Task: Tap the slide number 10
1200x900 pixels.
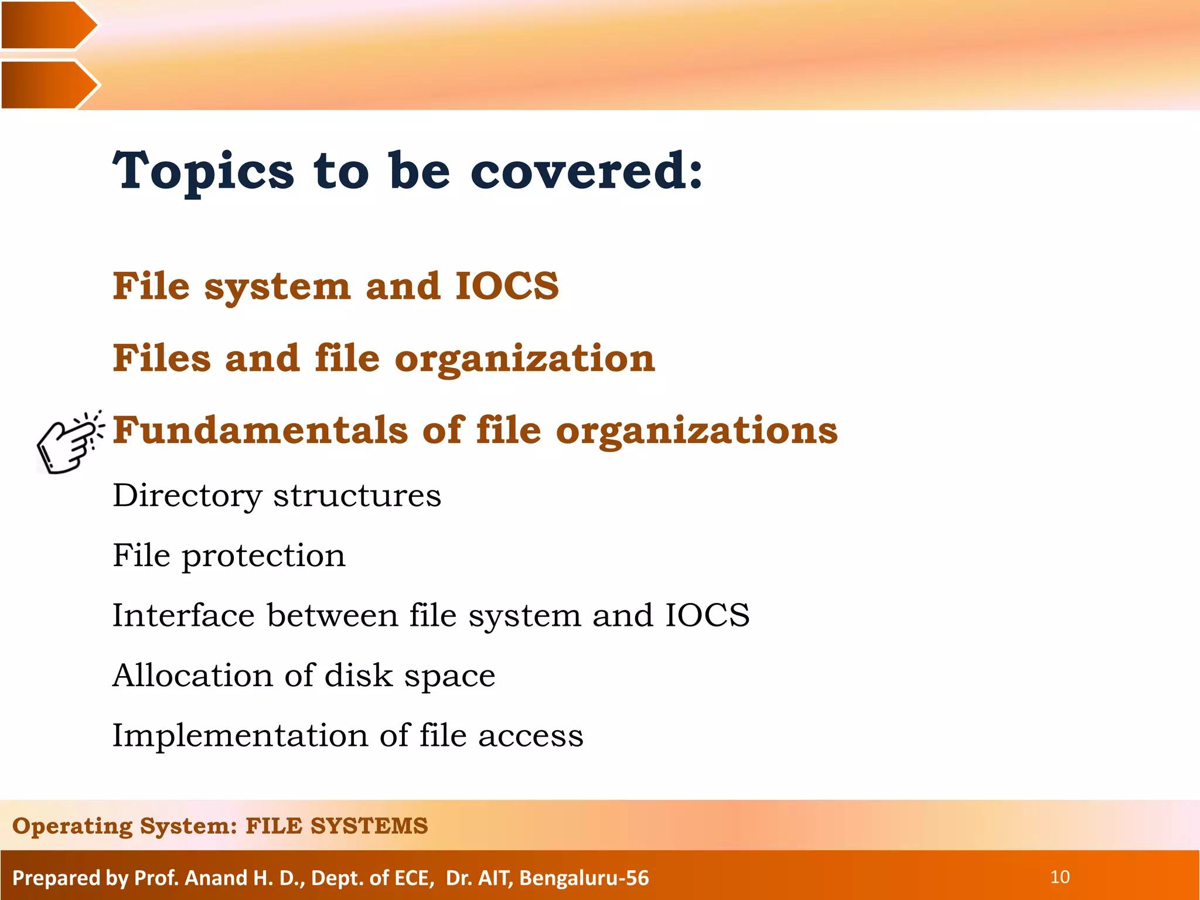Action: pos(1059,877)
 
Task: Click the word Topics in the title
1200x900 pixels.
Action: pos(203,171)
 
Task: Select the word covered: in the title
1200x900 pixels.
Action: pos(587,171)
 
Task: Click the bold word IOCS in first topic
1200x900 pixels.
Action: pos(507,287)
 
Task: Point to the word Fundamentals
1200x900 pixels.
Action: pos(260,430)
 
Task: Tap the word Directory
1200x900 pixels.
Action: pos(187,496)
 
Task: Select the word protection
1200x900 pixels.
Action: pos(264,557)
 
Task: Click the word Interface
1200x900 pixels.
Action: pos(183,616)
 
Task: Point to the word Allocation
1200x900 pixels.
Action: pos(192,676)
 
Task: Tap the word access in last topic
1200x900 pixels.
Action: pos(531,736)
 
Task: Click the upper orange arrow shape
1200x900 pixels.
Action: pos(47,25)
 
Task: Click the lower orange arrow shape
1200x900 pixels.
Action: pos(47,84)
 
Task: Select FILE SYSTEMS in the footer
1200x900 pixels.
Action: pos(336,826)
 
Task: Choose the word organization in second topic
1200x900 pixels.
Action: pos(524,359)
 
